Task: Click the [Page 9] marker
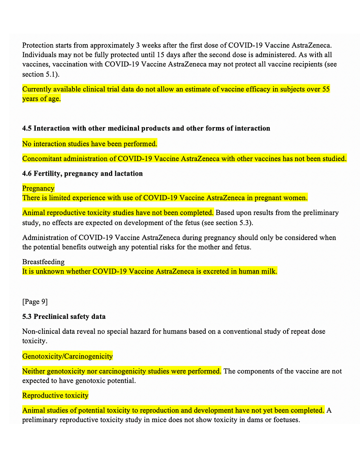click(35, 302)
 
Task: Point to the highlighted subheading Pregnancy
click(38, 188)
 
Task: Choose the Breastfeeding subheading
click(43, 262)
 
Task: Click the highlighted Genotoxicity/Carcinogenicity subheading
click(67, 356)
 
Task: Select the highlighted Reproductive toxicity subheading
click(55, 395)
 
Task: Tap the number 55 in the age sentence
click(326, 89)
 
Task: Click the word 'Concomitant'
click(42, 158)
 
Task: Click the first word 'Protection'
click(38, 45)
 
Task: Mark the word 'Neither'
click(34, 371)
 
